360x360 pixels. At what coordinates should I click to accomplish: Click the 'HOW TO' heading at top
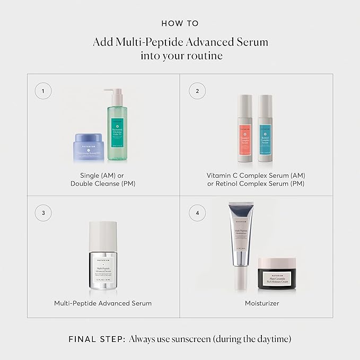point(180,24)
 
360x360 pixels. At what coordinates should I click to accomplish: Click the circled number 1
point(43,91)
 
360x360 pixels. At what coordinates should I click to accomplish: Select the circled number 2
point(197,91)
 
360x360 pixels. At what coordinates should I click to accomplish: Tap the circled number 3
point(43,213)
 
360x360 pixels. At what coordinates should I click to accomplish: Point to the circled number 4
point(197,213)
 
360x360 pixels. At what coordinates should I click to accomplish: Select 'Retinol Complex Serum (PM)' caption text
point(257,183)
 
